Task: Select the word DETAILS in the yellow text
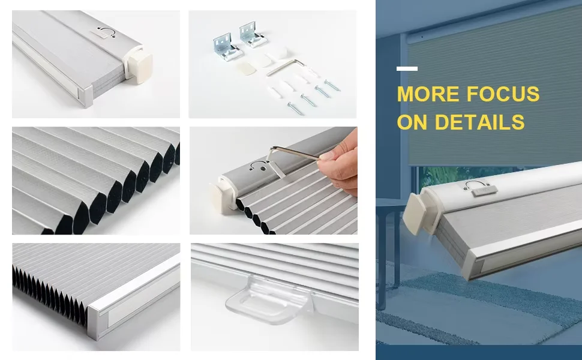point(480,122)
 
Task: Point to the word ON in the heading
point(412,122)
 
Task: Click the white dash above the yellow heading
point(407,69)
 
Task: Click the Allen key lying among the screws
point(282,67)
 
